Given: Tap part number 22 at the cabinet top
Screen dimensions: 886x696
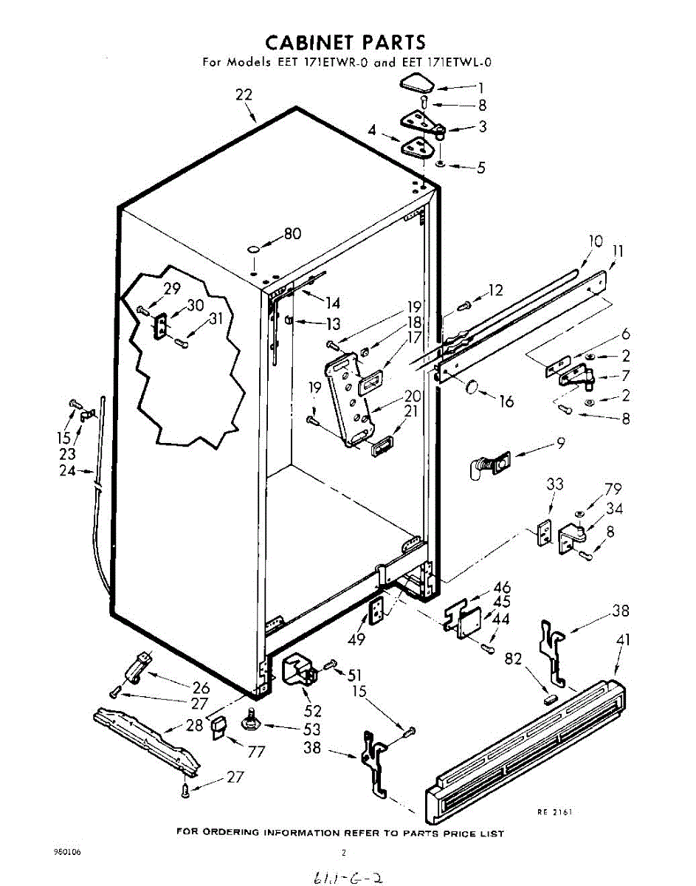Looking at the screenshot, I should pyautogui.click(x=244, y=95).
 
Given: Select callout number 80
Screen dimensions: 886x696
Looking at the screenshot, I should pyautogui.click(x=292, y=234).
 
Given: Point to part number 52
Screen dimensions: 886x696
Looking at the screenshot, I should pyautogui.click(x=313, y=710).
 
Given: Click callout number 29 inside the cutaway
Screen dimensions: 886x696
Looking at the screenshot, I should pyautogui.click(x=172, y=289).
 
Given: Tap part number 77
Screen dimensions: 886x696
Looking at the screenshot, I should pyautogui.click(x=257, y=752).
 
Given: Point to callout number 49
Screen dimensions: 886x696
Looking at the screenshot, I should pyautogui.click(x=358, y=640).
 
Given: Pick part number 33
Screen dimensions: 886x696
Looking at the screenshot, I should pyautogui.click(x=554, y=484).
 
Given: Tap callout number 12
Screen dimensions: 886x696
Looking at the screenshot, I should pyautogui.click(x=495, y=290).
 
